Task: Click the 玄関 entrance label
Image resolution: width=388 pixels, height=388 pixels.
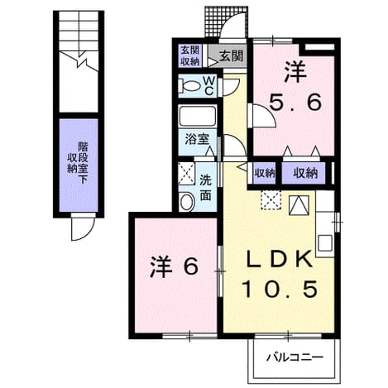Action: coord(231,56)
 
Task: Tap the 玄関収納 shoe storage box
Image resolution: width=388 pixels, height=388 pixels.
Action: coord(189,55)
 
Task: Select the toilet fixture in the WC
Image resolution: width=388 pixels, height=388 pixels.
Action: coord(189,86)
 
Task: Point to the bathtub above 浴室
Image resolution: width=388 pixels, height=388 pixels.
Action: coord(197,116)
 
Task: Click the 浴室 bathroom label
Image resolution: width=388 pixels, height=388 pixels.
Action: coord(197,139)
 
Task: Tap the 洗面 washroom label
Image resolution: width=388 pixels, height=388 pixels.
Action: coord(205,188)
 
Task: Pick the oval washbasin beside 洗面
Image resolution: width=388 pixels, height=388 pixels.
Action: coord(187,202)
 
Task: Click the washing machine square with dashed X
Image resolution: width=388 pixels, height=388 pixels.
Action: coord(187,174)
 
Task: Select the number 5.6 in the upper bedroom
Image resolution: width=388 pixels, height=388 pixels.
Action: coord(295,102)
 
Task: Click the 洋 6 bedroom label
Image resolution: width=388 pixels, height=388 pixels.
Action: coord(174,266)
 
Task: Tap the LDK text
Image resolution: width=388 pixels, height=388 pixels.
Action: coord(279,260)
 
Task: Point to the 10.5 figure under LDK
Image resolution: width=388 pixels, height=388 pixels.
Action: coord(280,289)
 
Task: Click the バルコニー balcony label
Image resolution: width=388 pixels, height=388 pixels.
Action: coord(295,357)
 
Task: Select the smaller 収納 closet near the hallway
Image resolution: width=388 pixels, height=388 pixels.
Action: coord(265,173)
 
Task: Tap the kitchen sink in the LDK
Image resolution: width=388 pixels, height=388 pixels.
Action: coord(325,243)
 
